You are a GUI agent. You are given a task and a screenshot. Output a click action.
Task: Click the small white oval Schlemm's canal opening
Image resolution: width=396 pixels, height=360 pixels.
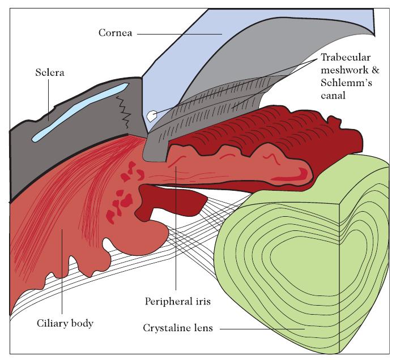pyautogui.click(x=151, y=115)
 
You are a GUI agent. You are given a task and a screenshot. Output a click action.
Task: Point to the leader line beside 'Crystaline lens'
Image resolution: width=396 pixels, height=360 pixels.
pyautogui.click(x=261, y=328)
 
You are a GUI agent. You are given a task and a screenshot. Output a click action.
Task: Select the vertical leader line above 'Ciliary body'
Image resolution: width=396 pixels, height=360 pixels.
pyautogui.click(x=63, y=272)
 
